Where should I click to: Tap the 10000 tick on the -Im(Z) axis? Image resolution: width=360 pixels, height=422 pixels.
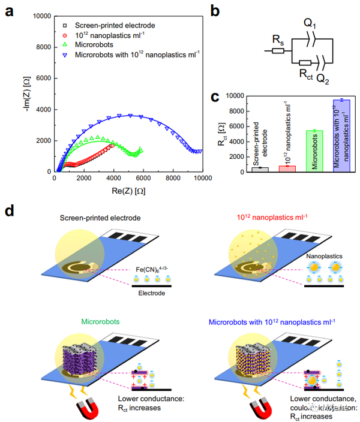[41, 16]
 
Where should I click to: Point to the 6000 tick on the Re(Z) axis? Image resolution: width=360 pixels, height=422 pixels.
[144, 178]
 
